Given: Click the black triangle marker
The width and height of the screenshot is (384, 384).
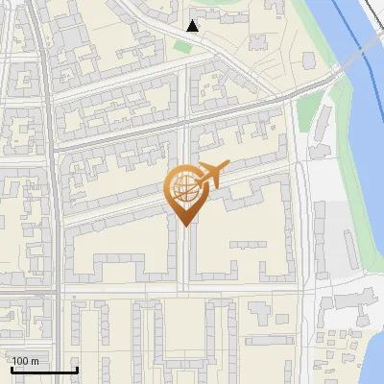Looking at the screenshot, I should [193, 26].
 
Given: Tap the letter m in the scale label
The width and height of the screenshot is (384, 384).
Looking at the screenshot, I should [35, 361].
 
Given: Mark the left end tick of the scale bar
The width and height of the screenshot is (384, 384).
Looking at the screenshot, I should [11, 369].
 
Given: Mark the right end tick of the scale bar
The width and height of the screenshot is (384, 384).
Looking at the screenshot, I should [77, 369].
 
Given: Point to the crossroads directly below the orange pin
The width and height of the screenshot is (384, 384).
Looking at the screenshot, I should [183, 287].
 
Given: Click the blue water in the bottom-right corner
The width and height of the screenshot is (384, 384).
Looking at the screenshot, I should [374, 355].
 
